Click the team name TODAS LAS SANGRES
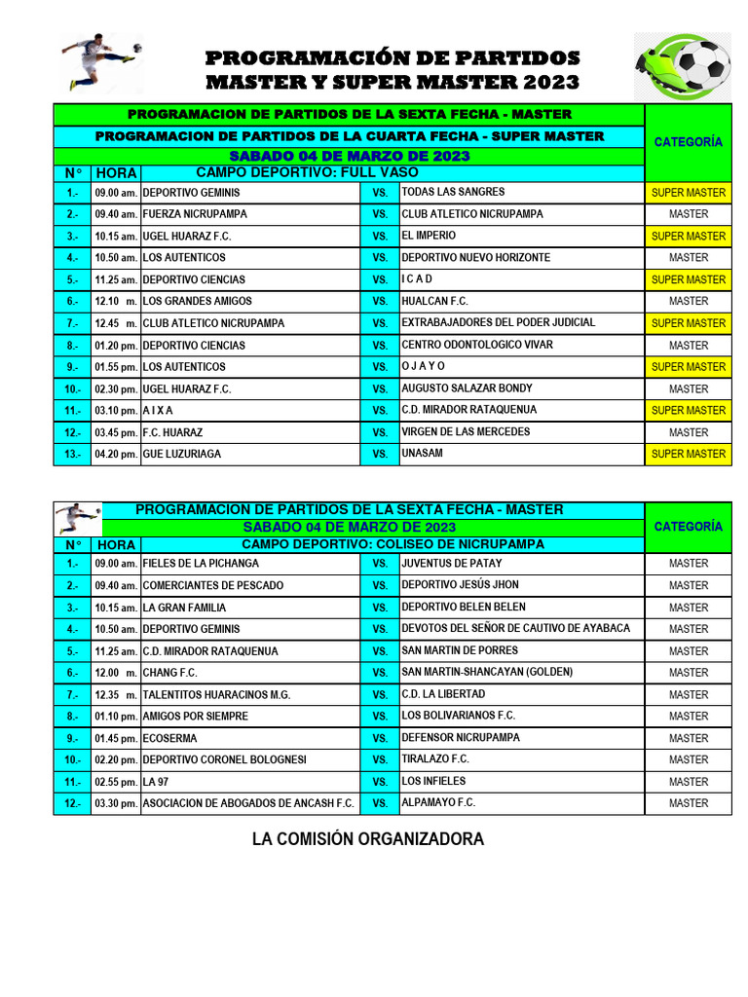coord(453,192)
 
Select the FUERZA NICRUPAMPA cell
coord(195,214)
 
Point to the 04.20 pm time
coord(116,454)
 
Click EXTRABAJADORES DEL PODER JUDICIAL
coord(498,322)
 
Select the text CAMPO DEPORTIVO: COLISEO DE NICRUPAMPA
coord(393,544)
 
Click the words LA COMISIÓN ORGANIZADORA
coord(368,839)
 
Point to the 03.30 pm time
coord(116,803)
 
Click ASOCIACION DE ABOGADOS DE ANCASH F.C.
coord(248,803)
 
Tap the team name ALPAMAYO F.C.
coord(438,802)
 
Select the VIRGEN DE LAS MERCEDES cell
coord(466,431)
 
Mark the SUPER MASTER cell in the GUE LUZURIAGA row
coord(689,454)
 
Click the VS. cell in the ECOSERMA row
coord(380,738)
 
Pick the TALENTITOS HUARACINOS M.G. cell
coord(216,695)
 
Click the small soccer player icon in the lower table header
coord(78,516)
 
